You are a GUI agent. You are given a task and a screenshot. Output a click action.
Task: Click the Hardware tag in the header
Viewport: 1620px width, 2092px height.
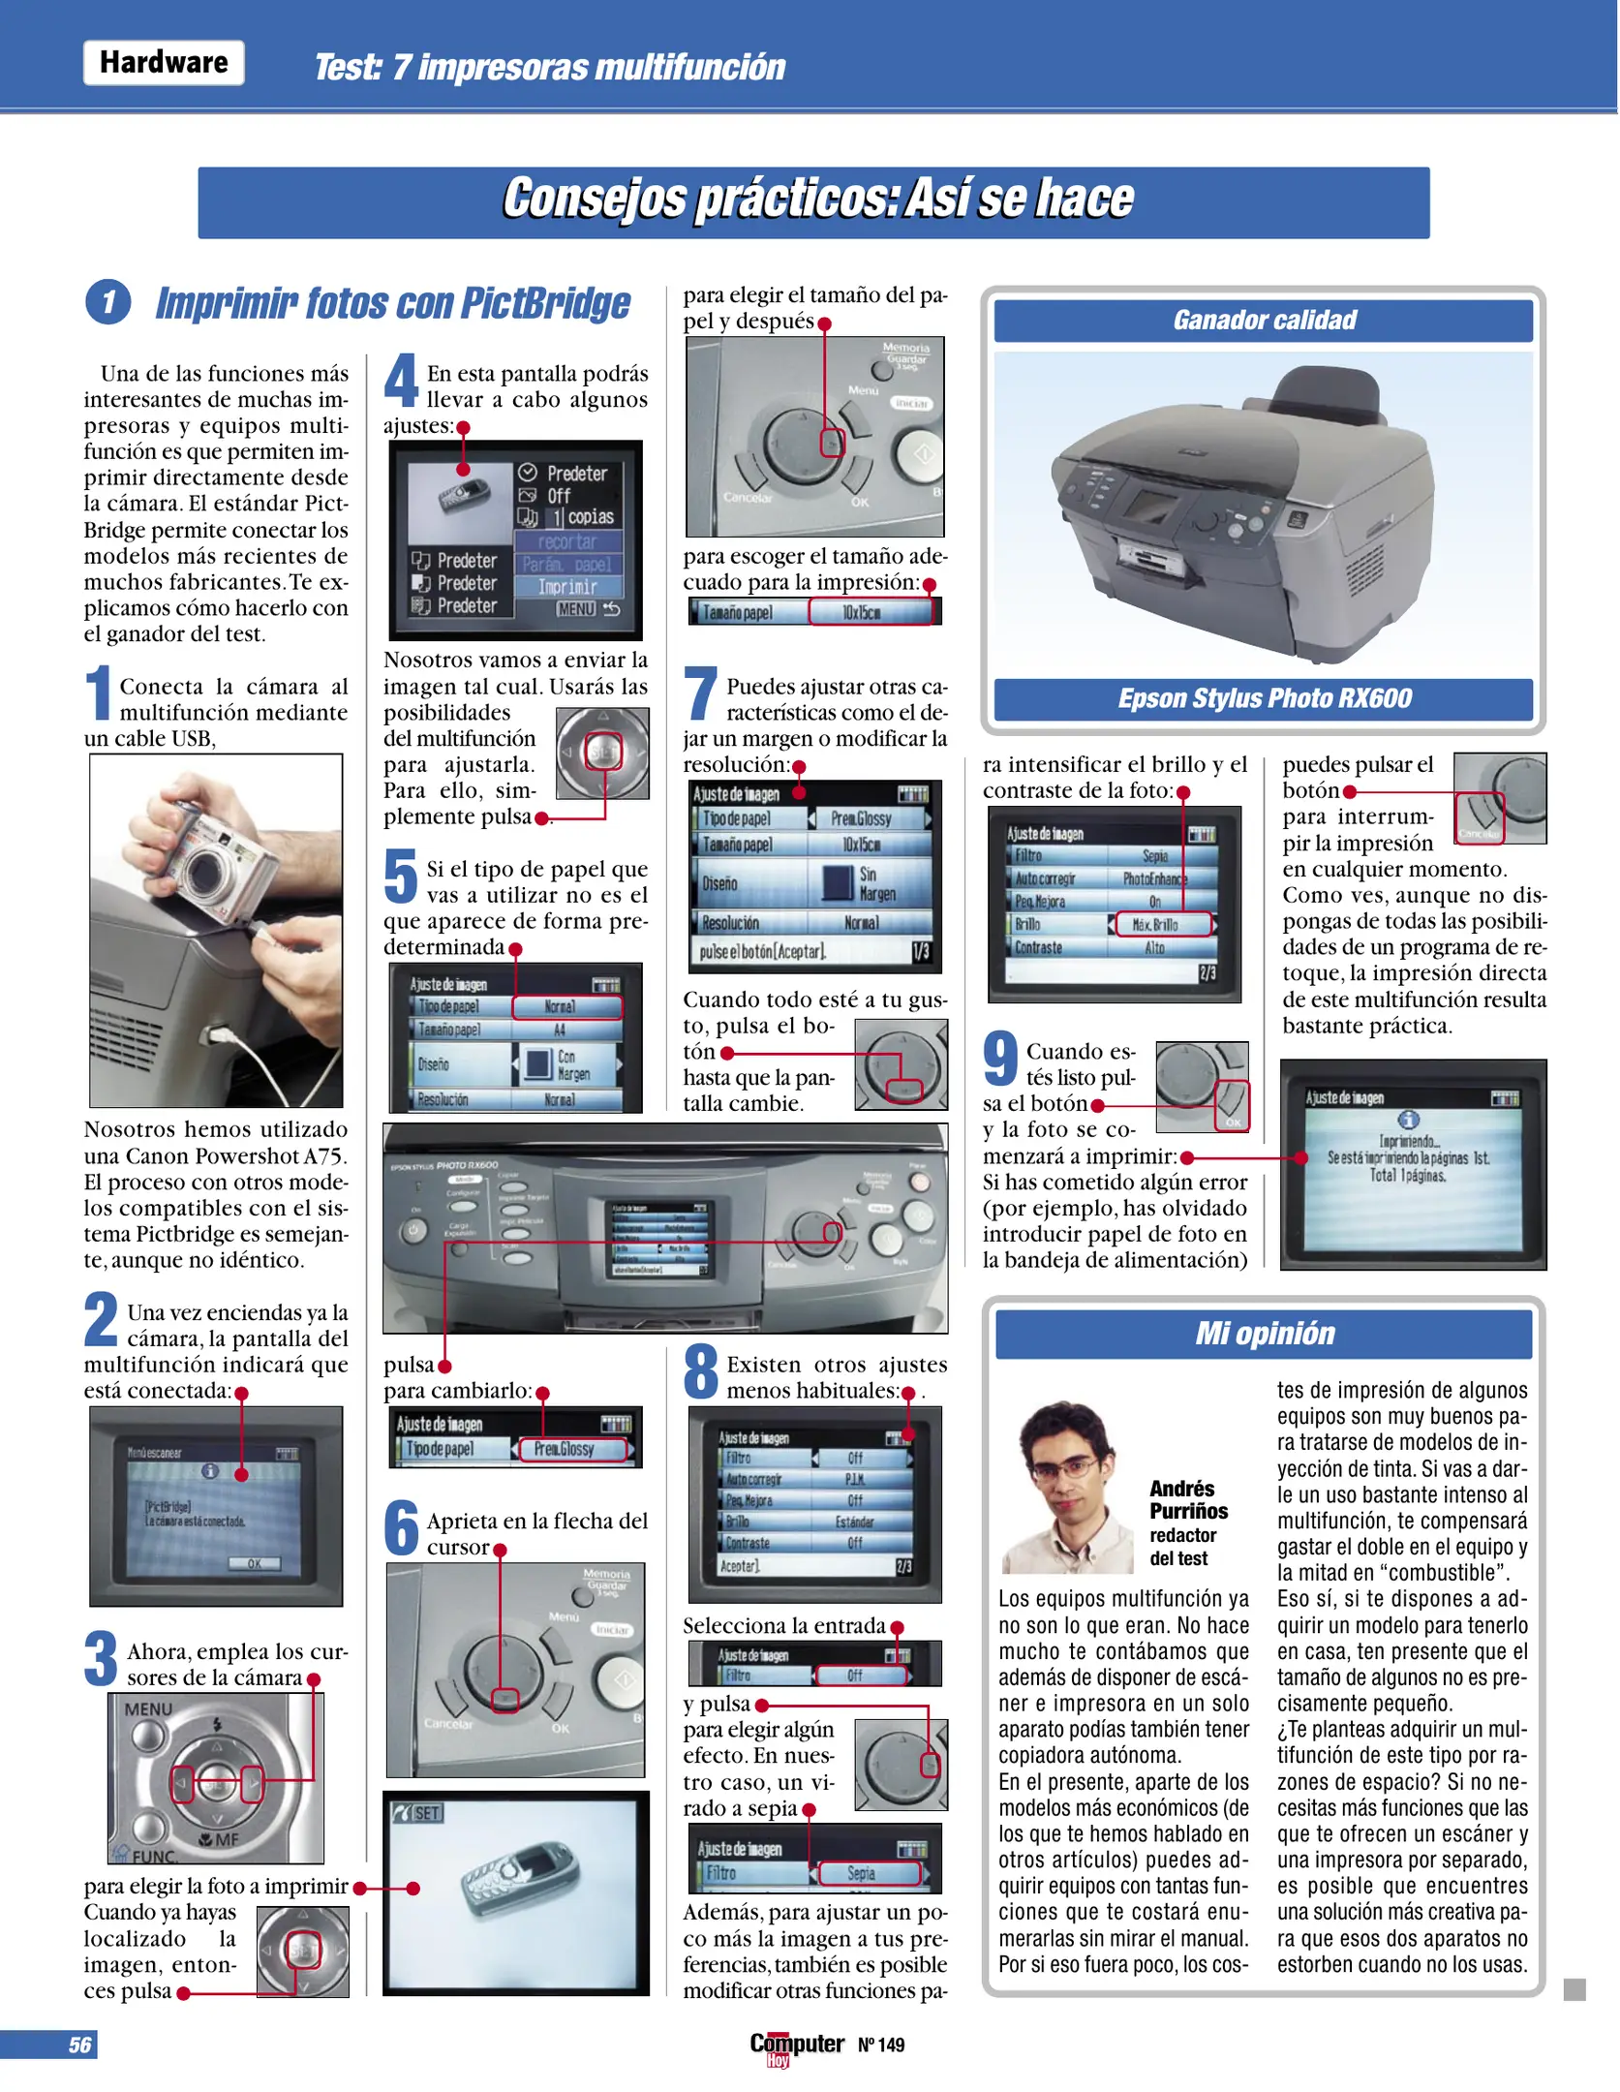pyautogui.click(x=164, y=63)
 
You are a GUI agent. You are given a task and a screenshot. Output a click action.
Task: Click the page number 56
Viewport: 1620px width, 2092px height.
pyautogui.click(x=79, y=2045)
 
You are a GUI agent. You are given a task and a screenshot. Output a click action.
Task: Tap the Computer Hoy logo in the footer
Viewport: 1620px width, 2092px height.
pyautogui.click(x=796, y=2045)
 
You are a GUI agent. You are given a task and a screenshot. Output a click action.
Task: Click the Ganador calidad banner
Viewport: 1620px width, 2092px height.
pyautogui.click(x=1264, y=321)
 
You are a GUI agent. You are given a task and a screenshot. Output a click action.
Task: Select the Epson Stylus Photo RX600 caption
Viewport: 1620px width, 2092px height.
pyautogui.click(x=1264, y=698)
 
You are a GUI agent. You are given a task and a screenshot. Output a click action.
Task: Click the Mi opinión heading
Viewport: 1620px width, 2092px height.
pyautogui.click(x=1264, y=1334)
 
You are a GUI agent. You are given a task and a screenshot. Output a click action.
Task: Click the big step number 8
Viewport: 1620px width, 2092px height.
pyautogui.click(x=701, y=1371)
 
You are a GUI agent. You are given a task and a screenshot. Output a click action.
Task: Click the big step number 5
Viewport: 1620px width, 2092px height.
pyautogui.click(x=401, y=876)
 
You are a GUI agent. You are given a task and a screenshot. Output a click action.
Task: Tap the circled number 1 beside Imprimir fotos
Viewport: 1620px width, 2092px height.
pyautogui.click(x=108, y=302)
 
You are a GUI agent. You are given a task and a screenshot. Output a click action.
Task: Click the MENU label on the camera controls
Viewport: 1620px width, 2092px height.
pyautogui.click(x=148, y=1708)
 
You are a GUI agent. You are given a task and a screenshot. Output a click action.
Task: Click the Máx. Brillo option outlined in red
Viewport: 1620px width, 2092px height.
pyautogui.click(x=1163, y=924)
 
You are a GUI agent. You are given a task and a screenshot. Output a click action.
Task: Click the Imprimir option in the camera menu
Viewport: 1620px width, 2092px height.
pyautogui.click(x=567, y=587)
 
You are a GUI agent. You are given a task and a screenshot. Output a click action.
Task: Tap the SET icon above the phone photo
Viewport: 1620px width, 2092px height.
pyautogui.click(x=419, y=1813)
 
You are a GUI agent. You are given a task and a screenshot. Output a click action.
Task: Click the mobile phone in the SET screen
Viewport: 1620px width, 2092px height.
pyautogui.click(x=518, y=1890)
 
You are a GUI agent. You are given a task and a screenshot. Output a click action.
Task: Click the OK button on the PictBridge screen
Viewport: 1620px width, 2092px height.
pyautogui.click(x=254, y=1563)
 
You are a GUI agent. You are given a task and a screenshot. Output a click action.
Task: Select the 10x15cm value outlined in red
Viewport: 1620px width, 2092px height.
pyautogui.click(x=869, y=612)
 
